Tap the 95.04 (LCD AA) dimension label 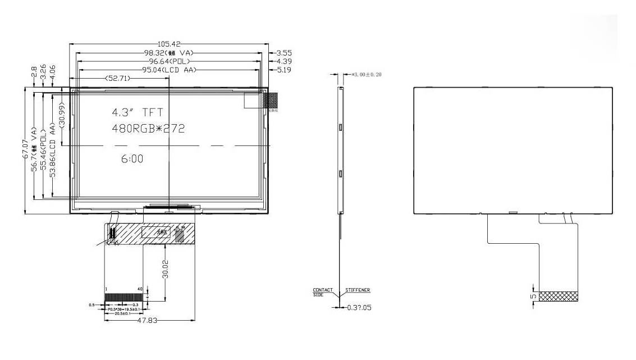point(170,70)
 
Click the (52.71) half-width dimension point(117,79)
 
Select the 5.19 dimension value point(283,70)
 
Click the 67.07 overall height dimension point(25,150)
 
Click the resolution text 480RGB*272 point(149,129)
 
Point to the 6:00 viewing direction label point(132,160)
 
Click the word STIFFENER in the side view point(357,290)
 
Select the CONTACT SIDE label point(320,292)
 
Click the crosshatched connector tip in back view point(558,296)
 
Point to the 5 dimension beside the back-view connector point(533,296)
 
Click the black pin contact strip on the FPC point(125,296)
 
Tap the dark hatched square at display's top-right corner point(271,100)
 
